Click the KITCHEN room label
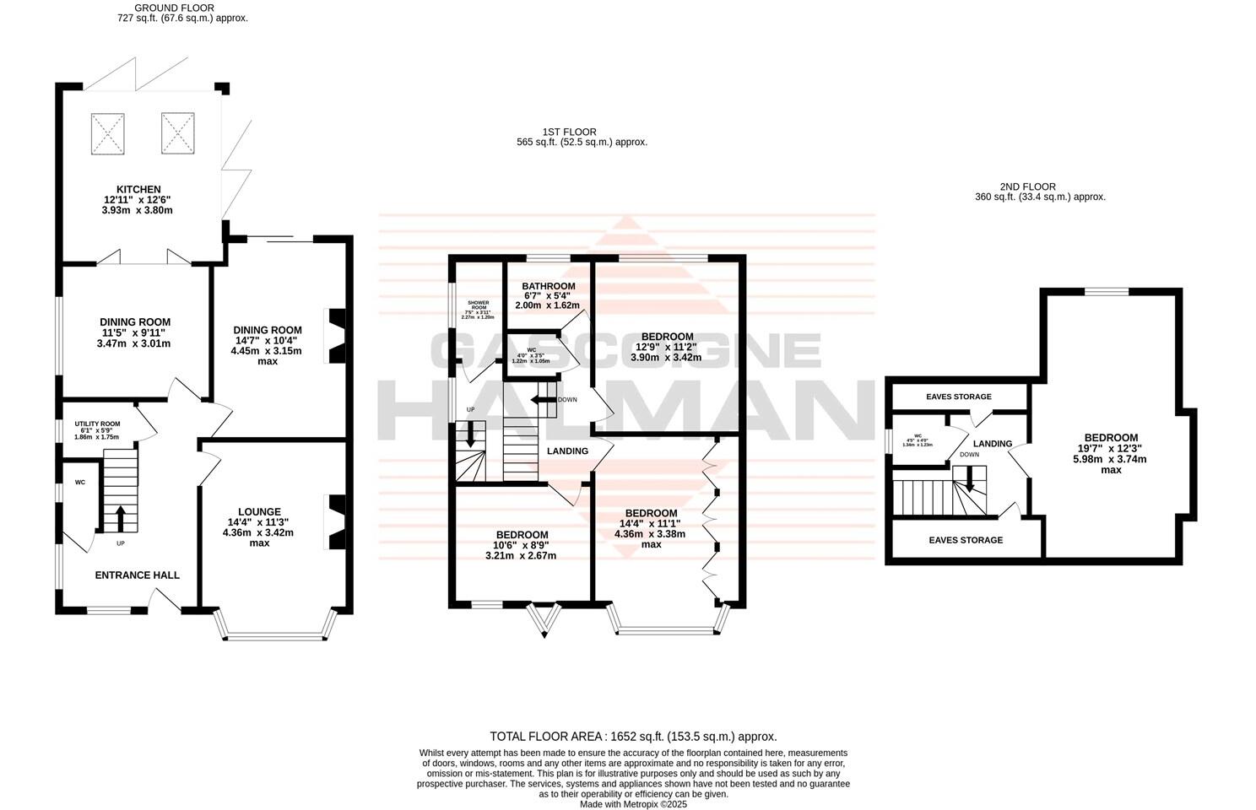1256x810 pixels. point(139,190)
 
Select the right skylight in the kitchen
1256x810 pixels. point(179,133)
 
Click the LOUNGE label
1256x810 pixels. point(259,511)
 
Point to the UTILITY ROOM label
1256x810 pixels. point(97,424)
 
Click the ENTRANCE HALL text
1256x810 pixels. point(137,575)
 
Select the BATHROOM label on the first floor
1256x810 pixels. point(548,286)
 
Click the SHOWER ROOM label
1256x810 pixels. point(478,305)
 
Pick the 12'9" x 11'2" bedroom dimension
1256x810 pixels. point(667,347)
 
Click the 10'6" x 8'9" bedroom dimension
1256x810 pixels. point(521,545)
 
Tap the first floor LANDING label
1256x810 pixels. point(567,451)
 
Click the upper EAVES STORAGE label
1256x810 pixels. point(958,397)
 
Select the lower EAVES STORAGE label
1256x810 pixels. point(966,540)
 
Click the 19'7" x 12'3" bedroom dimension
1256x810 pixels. point(1111,448)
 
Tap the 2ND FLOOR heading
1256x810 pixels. point(1027,186)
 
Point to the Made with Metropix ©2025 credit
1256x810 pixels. point(633,805)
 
